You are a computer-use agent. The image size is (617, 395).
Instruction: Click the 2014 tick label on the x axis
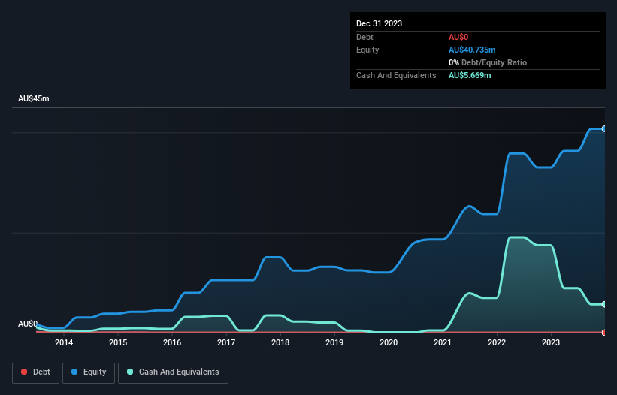64,343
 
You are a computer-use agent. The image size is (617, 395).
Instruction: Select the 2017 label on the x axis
226,343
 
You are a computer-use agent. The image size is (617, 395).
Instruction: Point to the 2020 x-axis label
389,343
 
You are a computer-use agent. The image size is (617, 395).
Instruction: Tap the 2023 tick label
551,343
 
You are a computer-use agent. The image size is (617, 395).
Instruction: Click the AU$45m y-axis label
33,99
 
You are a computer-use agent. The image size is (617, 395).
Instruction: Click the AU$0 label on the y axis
27,324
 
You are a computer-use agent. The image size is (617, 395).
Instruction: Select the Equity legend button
89,372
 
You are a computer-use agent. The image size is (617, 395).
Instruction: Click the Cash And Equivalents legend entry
173,372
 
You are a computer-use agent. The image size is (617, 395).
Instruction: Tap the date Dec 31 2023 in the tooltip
379,23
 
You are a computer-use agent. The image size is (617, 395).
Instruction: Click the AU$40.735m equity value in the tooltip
472,50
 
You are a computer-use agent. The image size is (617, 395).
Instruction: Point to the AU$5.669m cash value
470,76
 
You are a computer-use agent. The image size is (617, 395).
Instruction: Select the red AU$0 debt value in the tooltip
460,37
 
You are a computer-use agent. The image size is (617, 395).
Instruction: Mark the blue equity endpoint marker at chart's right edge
604,129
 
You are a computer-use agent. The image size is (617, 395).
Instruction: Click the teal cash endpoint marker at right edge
604,304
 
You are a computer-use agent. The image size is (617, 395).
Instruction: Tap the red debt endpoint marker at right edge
604,332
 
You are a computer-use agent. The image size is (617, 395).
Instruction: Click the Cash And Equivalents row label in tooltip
396,76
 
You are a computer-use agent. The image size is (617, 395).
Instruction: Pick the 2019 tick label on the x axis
334,343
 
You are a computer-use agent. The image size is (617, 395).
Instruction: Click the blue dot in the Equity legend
75,372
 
